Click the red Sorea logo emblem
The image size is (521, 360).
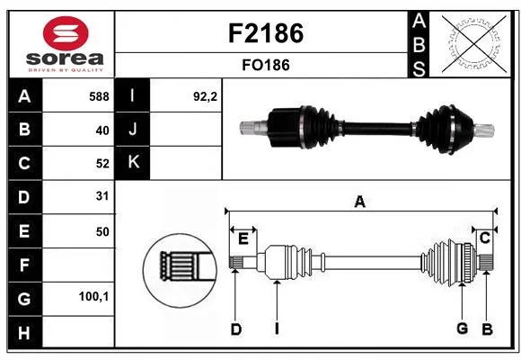click(66, 33)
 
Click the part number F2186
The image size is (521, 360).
click(266, 33)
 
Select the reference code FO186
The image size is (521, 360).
click(266, 65)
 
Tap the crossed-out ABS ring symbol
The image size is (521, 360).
click(474, 43)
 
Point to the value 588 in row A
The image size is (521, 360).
click(99, 96)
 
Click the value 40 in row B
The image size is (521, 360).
click(102, 130)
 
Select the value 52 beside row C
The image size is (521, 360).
click(102, 164)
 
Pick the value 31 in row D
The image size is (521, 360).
click(102, 196)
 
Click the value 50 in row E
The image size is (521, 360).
click(102, 231)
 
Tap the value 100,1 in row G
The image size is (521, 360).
click(93, 296)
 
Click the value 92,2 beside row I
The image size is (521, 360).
click(205, 96)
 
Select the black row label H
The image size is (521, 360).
click(25, 332)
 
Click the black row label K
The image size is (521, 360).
click(133, 162)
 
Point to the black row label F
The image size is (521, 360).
click(25, 265)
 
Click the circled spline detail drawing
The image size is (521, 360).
click(180, 270)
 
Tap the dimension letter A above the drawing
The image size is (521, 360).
click(360, 202)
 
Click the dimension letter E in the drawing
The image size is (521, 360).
click(243, 239)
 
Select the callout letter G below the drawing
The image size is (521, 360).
click(463, 328)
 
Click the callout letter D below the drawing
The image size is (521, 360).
click(236, 329)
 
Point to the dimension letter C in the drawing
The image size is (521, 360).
click(485, 238)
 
